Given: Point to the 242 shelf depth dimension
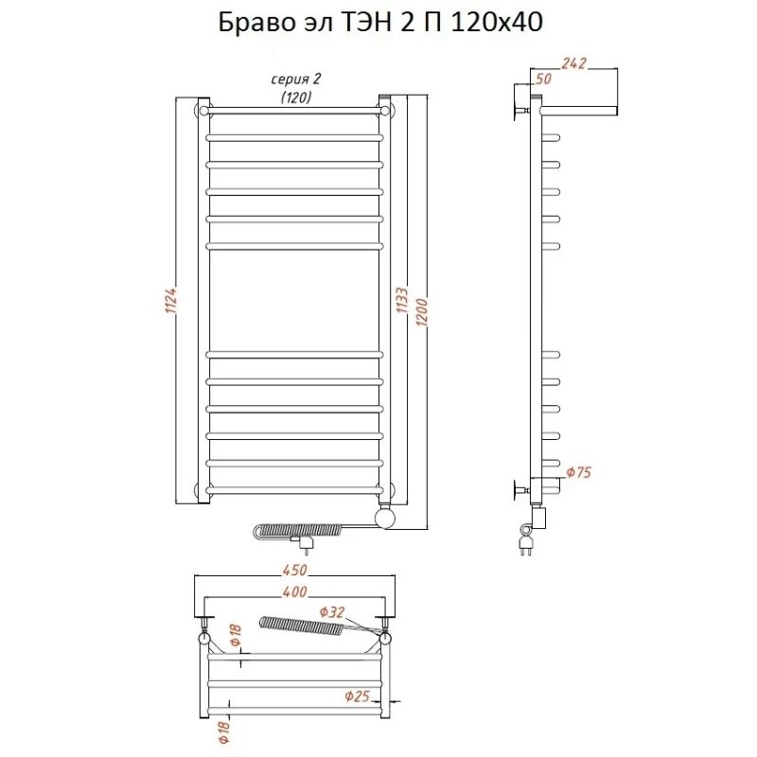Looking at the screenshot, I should click(x=574, y=63).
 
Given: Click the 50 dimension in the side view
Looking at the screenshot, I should click(x=543, y=79).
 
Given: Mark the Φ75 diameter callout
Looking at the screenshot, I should click(x=578, y=472).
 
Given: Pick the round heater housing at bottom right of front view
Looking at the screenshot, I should click(x=386, y=517).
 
